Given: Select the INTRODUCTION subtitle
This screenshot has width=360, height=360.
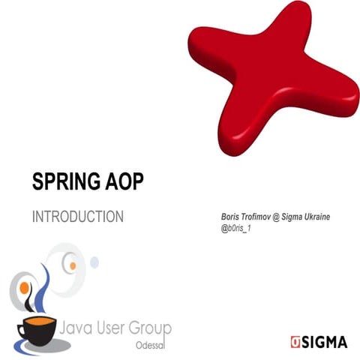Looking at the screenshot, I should click(78, 217).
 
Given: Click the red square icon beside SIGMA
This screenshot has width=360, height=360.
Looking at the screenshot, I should click(295, 342).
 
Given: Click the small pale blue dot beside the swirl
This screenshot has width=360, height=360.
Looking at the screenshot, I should click(94, 262).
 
